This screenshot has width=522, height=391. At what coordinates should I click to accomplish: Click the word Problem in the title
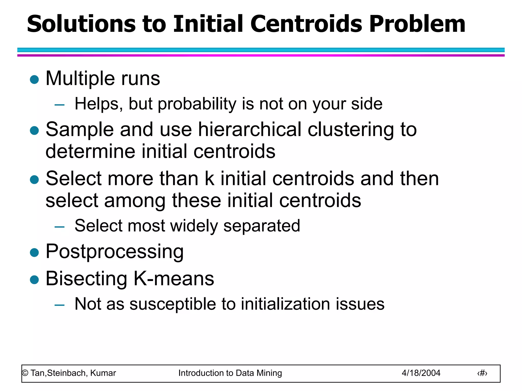[417, 24]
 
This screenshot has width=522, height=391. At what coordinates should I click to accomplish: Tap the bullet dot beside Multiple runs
[34, 79]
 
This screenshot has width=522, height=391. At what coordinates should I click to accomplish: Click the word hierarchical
[250, 129]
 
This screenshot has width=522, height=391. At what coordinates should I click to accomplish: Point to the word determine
[90, 151]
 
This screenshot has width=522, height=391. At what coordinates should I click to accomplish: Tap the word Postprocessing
[114, 252]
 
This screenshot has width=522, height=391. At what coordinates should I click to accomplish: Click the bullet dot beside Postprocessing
[34, 253]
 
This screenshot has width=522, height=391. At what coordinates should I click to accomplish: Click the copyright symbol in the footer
[25, 373]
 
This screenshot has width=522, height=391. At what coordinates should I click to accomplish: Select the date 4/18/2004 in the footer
[421, 373]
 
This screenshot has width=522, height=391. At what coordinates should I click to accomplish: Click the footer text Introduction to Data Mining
[230, 373]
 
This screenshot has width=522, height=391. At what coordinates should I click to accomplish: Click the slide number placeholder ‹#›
[482, 373]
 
